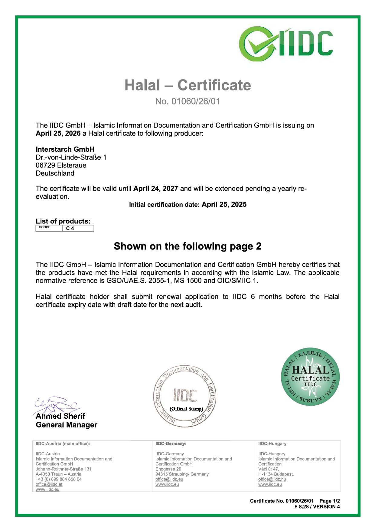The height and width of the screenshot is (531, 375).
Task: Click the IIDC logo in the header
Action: click(286, 44)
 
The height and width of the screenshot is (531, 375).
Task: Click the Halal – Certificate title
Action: click(187, 85)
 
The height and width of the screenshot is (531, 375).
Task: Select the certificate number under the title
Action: click(187, 101)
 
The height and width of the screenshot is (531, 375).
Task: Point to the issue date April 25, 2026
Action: click(58, 134)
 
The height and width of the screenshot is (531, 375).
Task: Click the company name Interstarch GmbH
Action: click(65, 149)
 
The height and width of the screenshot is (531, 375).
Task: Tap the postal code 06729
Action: click(45, 165)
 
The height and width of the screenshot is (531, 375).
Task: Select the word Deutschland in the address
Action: click(55, 173)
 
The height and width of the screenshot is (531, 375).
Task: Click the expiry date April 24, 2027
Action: click(156, 189)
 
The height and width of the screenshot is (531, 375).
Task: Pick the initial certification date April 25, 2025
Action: click(224, 205)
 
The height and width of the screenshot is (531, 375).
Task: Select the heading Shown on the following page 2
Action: click(187, 246)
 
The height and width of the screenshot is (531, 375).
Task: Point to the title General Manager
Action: click(67, 425)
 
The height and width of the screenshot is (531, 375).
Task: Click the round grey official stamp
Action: click(185, 396)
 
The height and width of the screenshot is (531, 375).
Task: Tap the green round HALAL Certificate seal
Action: click(310, 377)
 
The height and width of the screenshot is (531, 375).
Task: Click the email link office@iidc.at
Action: click(49, 484)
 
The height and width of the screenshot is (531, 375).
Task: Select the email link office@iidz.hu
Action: click(272, 479)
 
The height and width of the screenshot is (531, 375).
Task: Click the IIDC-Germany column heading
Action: click(171, 444)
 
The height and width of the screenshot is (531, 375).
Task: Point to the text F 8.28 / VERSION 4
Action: click(317, 507)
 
